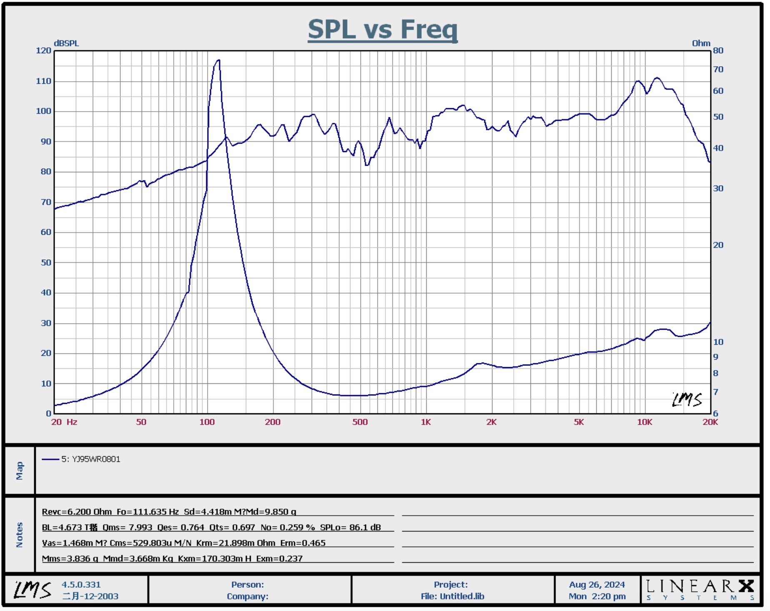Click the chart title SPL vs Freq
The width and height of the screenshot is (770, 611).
click(x=382, y=30)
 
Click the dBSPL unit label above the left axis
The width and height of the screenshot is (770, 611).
click(x=66, y=43)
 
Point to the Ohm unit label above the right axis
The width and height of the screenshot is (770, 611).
click(x=701, y=43)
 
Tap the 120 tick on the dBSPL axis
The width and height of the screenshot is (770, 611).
click(x=44, y=51)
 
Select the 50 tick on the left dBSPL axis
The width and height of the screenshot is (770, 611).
click(x=46, y=263)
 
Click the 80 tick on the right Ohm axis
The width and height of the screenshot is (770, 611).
click(x=718, y=51)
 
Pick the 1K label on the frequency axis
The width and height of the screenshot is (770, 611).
click(x=426, y=422)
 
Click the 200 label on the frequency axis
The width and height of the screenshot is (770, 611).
click(x=272, y=422)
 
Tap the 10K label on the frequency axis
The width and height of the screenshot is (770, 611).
click(x=644, y=422)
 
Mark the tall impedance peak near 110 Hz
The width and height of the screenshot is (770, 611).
click(x=218, y=61)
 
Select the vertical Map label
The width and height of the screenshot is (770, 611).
click(x=20, y=470)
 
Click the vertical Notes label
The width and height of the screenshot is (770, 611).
click(x=20, y=535)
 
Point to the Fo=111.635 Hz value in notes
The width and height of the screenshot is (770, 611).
click(x=148, y=512)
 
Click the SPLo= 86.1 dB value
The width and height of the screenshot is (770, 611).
click(x=350, y=527)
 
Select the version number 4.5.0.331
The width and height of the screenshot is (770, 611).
click(x=81, y=585)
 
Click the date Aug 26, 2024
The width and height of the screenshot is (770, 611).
click(x=597, y=585)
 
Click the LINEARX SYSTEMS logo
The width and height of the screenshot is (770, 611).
click(x=700, y=590)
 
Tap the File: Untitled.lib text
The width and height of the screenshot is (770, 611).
click(x=452, y=596)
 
